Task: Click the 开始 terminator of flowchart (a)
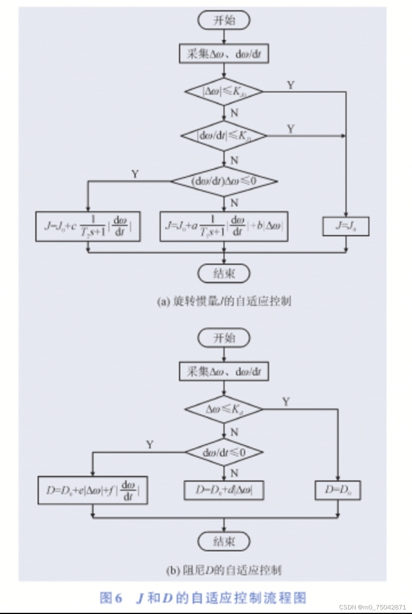[x=224, y=20]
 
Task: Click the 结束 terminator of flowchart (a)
[x=224, y=273]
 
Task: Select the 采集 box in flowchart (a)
[x=224, y=54]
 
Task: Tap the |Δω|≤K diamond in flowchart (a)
[x=224, y=92]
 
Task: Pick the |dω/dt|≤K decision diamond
[x=224, y=136]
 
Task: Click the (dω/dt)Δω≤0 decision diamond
[x=224, y=181]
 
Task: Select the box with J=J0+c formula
[x=88, y=226]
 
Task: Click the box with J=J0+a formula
[x=224, y=226]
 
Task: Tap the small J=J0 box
[x=346, y=226]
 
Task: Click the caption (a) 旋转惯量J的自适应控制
[x=224, y=301]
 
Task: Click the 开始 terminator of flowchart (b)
[x=224, y=338]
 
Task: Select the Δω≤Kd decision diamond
[x=224, y=409]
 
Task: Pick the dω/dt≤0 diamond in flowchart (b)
[x=224, y=452]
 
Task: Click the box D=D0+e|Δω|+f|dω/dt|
[x=93, y=490]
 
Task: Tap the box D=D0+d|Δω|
[x=224, y=490]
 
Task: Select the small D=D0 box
[x=338, y=490]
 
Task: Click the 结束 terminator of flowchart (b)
[x=224, y=541]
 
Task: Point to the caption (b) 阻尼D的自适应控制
[x=224, y=570]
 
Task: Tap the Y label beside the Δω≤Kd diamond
[x=286, y=402]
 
